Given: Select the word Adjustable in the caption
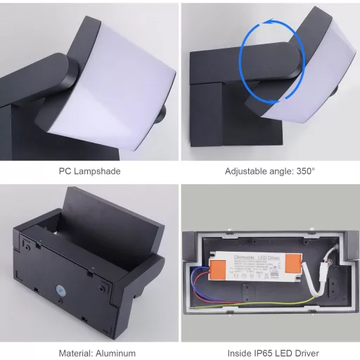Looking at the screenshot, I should click(245, 171).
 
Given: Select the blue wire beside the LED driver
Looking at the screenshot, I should click(198, 281).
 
